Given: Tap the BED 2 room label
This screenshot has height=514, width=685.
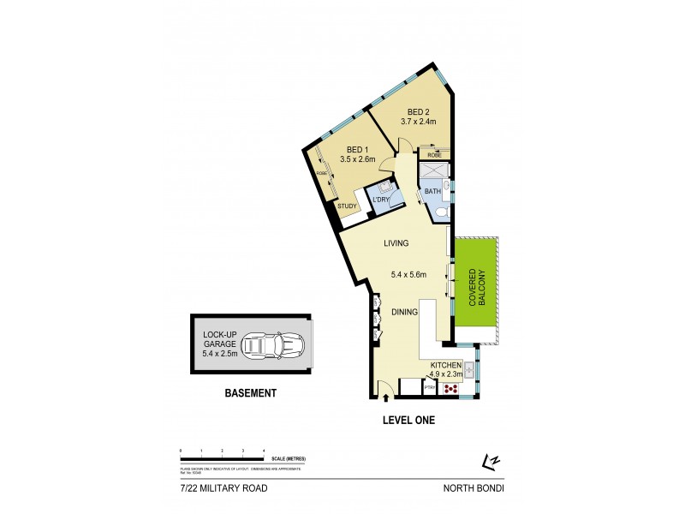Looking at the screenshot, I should tap(418, 111).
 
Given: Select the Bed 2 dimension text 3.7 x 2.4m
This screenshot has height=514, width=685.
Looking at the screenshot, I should tap(419, 122).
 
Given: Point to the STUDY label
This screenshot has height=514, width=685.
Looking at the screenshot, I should tap(347, 206).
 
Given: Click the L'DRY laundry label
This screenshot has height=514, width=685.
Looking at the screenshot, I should tap(380, 200).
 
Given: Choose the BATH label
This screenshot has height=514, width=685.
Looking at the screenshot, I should tap(432, 192).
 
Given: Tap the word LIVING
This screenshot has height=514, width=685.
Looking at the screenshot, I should tap(396, 243).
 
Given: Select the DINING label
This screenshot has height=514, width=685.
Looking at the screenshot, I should tap(404, 312).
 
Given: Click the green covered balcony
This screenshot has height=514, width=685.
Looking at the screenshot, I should tap(476, 287).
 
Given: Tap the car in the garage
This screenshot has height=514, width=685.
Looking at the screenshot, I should tap(272, 345).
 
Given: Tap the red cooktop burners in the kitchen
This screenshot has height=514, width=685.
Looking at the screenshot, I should tap(450, 387).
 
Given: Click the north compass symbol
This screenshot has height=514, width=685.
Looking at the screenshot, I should tap(491, 462).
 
